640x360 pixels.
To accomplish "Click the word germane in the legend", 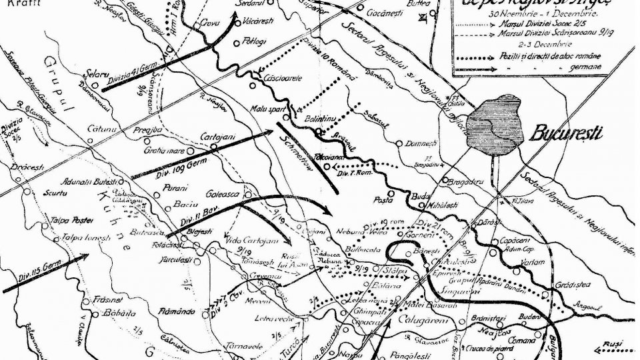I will [586, 67].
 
